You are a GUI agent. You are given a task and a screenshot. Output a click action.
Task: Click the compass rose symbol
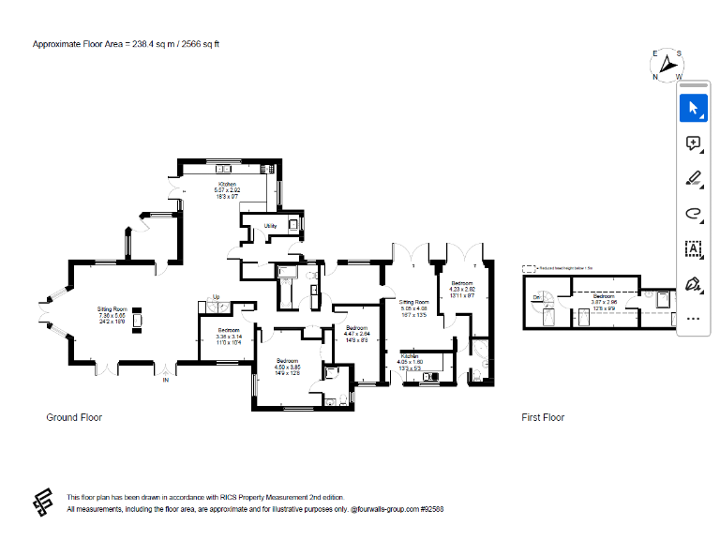pos(667,65)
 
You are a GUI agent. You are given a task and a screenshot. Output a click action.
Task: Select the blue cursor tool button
pos(693,109)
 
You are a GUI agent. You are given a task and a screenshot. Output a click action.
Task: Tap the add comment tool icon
pos(693,143)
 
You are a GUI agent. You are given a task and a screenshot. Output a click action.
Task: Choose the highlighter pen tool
pos(693,178)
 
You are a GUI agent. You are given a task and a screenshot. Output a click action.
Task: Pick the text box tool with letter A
pos(693,248)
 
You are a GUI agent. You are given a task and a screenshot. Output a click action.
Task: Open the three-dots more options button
pos(693,318)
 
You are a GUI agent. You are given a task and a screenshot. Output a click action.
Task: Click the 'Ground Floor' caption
pos(74,417)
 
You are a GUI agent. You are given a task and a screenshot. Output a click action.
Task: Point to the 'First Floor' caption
pos(543,417)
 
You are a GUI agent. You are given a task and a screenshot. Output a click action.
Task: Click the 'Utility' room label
pos(270,226)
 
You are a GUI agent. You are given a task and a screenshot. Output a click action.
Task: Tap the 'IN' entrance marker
pos(166,380)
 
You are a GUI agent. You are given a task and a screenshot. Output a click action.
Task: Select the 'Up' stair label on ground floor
pos(216,297)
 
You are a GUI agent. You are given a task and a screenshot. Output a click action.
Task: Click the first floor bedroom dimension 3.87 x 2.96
pos(604,301)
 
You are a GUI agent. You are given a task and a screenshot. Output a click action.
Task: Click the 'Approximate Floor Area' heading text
pos(126,44)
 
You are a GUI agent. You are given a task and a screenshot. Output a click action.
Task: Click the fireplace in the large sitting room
pos(139,319)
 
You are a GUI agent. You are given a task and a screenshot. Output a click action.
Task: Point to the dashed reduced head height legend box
pos(530,267)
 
